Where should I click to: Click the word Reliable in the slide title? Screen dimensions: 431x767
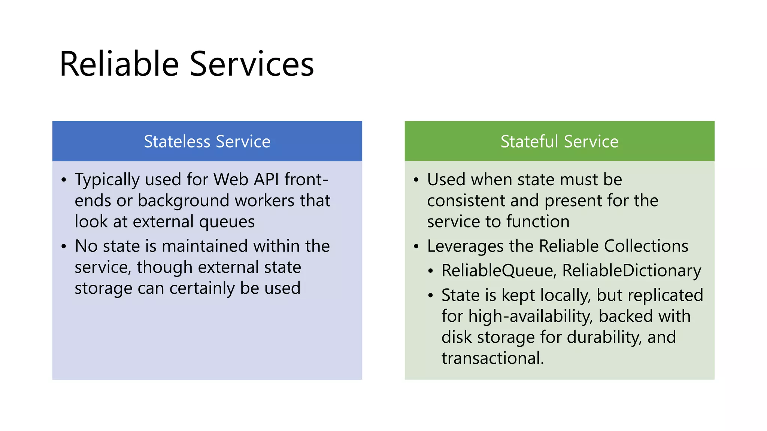[119, 64]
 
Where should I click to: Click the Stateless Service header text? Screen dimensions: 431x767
[207, 141]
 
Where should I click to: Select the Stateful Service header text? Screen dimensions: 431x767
[559, 141]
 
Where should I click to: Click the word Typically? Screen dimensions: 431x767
[107, 180]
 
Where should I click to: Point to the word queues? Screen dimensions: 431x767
[227, 222]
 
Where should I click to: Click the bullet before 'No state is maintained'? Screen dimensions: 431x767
[64, 247]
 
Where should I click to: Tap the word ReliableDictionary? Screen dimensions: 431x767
[631, 270]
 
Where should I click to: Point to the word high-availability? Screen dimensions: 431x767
[530, 316]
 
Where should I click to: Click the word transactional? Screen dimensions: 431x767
[492, 358]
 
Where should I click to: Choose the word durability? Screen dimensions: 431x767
[604, 337]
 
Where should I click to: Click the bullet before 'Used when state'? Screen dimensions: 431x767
[416, 180]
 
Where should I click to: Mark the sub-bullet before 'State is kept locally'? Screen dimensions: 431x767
[431, 296]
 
